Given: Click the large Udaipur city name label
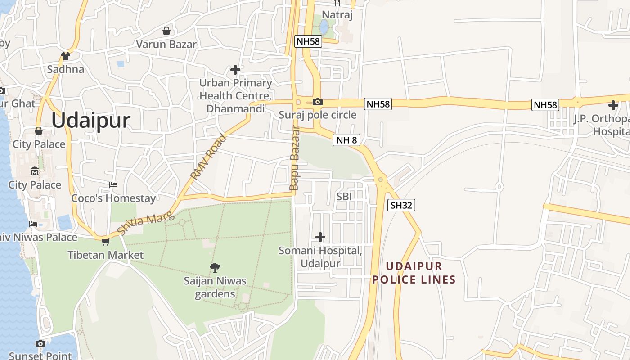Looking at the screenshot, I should click(90, 121).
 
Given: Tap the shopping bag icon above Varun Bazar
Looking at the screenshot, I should click(166, 31).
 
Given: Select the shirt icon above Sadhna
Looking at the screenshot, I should click(66, 56).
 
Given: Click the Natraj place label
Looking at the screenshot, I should click(337, 14).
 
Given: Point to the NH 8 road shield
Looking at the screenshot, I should click(346, 140).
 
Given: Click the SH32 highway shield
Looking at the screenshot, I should click(401, 205).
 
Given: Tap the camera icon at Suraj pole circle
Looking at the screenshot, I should click(317, 102).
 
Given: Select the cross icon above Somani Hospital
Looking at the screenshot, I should click(320, 237).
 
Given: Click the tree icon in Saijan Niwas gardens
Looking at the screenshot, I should click(215, 268).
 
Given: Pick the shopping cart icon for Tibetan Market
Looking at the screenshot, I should click(105, 242).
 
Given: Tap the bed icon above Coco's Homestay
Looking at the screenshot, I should click(113, 185).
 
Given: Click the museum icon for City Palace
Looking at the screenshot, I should click(35, 171).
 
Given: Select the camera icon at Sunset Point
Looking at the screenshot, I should click(40, 344).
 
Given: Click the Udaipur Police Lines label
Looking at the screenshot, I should click(414, 273).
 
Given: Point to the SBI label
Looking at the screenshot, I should click(344, 196).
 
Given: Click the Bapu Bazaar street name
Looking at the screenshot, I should click(294, 158).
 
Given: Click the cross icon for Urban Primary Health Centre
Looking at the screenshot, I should click(235, 69).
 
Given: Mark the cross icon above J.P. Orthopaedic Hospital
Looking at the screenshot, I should click(613, 105).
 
